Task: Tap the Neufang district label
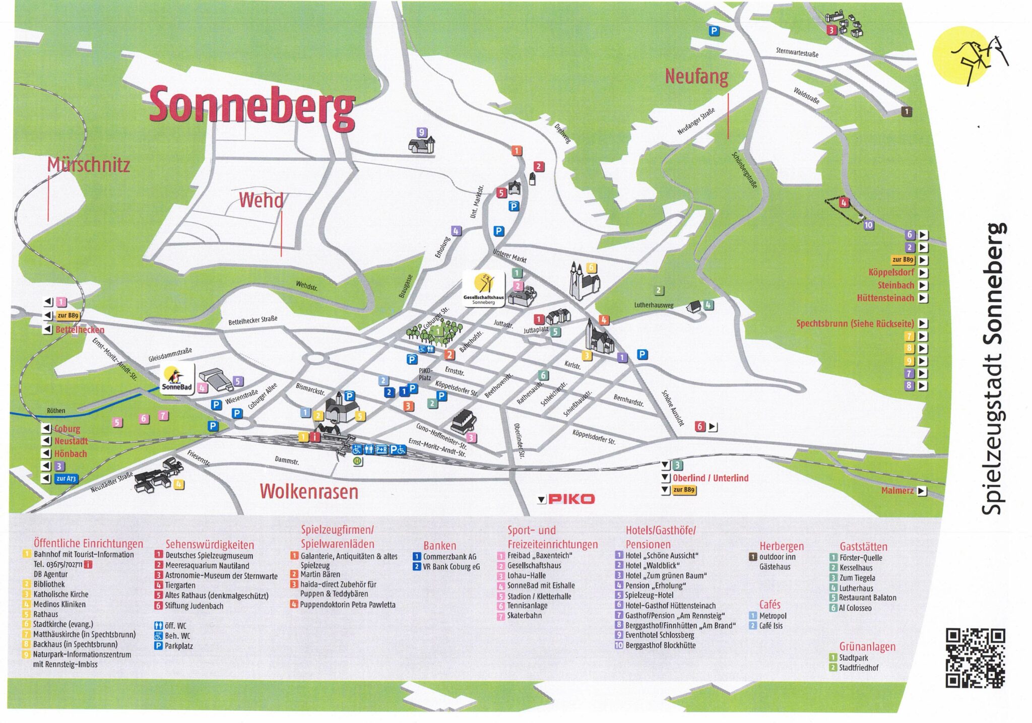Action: click(x=696, y=77)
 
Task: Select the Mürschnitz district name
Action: click(x=89, y=165)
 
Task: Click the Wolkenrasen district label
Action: click(x=309, y=491)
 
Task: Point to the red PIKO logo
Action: click(x=571, y=499)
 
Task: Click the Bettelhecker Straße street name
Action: click(x=252, y=320)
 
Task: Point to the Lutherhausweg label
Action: click(x=654, y=305)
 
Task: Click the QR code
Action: click(x=975, y=658)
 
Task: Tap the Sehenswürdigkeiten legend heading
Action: click(x=210, y=545)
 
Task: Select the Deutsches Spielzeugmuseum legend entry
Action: click(x=209, y=556)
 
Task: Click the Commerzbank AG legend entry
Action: click(x=449, y=557)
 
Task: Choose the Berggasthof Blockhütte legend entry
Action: click(x=660, y=645)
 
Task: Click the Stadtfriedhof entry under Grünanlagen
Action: click(x=858, y=668)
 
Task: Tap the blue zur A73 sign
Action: click(x=66, y=479)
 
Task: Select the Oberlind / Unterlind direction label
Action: click(x=711, y=478)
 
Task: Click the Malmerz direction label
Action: click(x=897, y=491)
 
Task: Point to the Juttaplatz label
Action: click(x=536, y=330)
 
